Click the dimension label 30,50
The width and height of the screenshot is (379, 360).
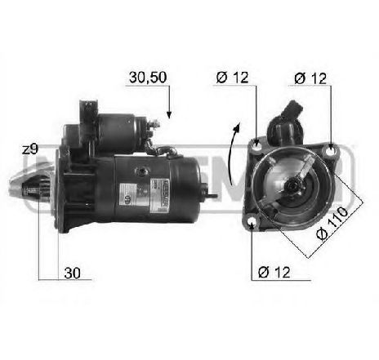click(147, 78)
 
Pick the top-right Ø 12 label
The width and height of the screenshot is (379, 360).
click(312, 78)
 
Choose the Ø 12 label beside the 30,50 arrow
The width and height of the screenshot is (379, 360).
click(233, 78)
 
